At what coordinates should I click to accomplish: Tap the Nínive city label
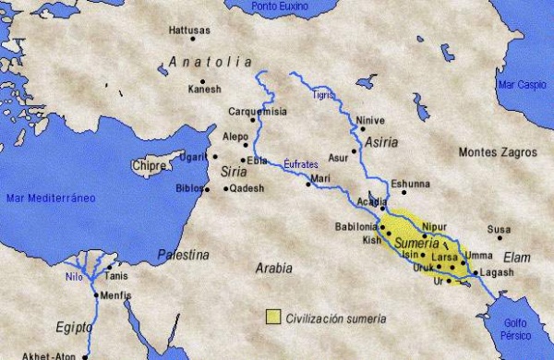tap(368, 119)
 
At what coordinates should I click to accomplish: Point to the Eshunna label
tap(410, 184)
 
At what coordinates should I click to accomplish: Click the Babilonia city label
tap(355, 226)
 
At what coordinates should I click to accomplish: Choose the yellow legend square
tap(272, 318)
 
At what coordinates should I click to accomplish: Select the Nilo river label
tap(74, 275)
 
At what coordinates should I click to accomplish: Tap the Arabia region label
tap(274, 268)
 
